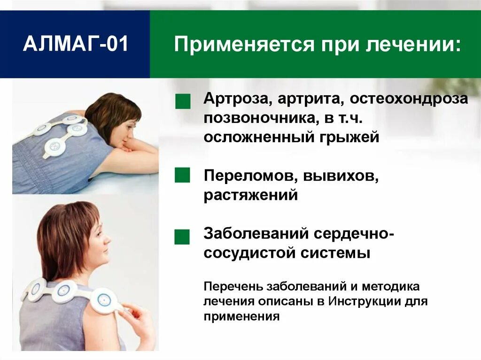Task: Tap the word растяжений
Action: tap(251, 195)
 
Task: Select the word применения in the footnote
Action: tap(241, 316)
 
